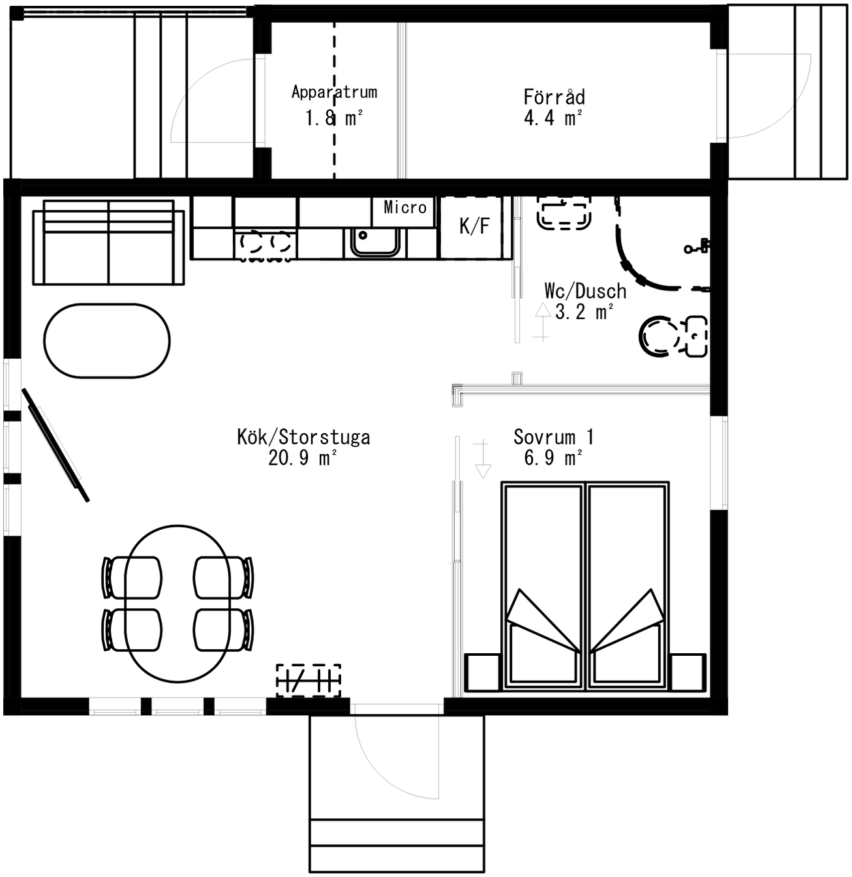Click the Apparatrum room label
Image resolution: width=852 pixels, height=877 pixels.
click(334, 93)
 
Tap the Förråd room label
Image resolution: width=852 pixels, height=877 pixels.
click(554, 97)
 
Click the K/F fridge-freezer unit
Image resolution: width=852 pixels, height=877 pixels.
click(474, 226)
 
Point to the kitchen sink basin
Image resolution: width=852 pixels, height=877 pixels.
click(375, 242)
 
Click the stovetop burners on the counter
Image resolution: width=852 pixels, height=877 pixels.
click(265, 244)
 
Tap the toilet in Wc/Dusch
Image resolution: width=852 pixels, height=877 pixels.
click(660, 336)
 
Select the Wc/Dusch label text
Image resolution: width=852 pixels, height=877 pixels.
click(585, 291)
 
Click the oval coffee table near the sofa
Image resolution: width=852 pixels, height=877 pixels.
click(107, 340)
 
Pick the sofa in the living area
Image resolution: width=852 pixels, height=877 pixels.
click(108, 243)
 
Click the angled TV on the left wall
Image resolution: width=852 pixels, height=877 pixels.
click(55, 445)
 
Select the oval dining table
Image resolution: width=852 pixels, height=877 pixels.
click(177, 604)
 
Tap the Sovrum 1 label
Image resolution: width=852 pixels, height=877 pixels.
click(553, 437)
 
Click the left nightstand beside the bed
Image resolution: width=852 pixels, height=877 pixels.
click(481, 672)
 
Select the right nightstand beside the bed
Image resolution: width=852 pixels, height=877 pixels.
click(688, 672)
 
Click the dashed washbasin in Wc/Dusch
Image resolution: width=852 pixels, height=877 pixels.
click(564, 214)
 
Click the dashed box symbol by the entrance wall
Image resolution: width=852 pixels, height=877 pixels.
click(309, 680)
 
